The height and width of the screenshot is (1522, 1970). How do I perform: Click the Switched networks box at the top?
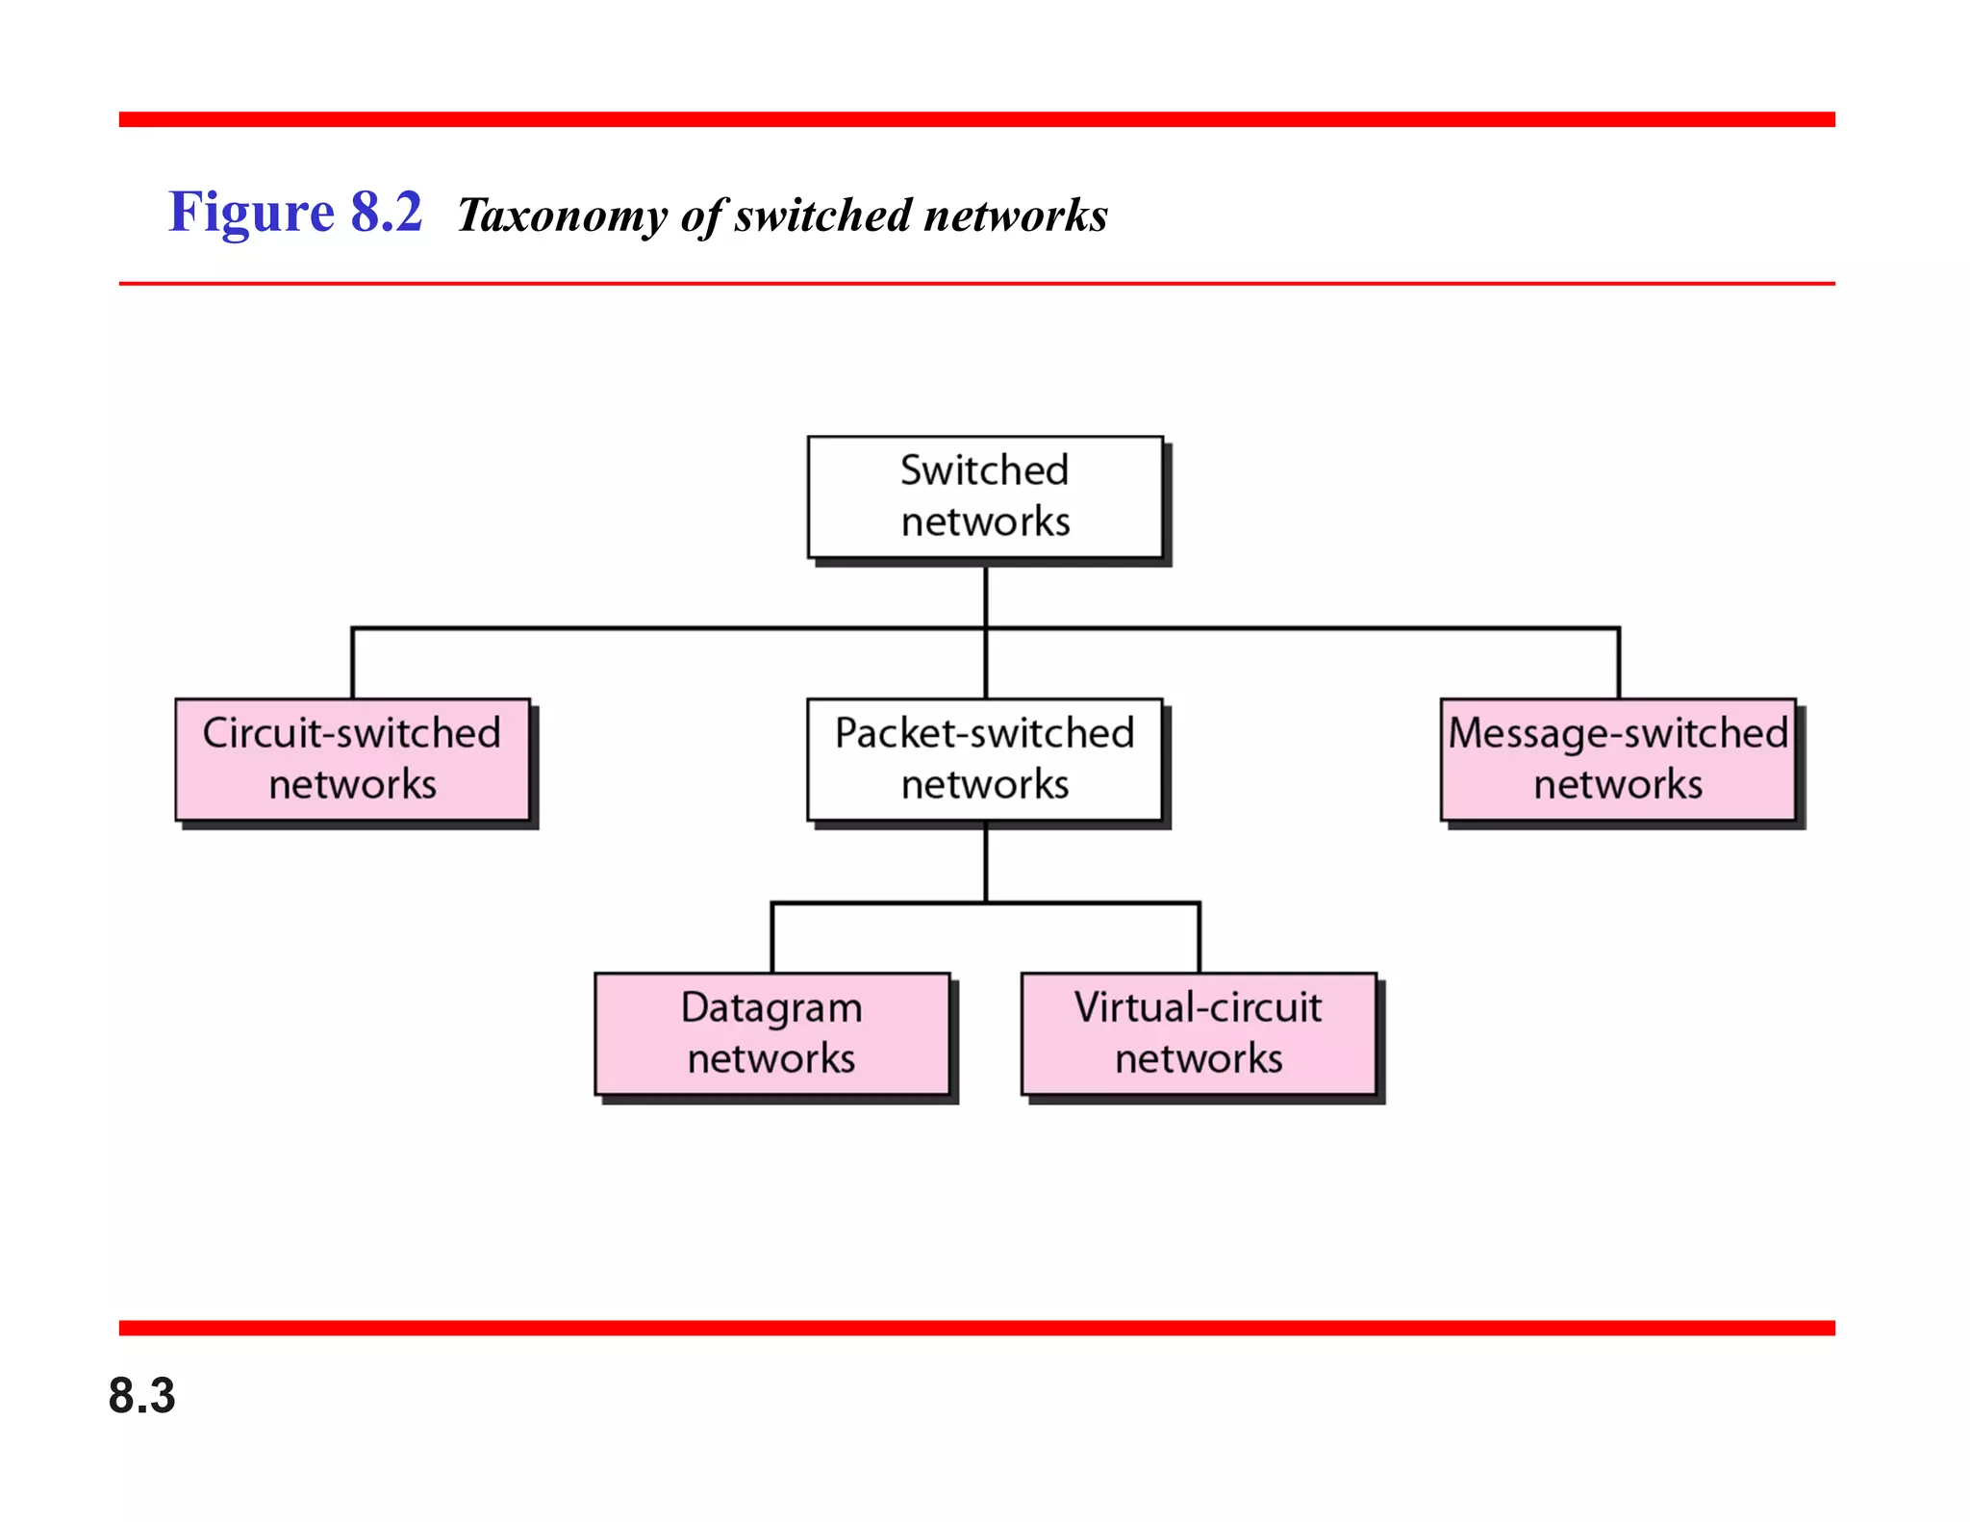pos(985,497)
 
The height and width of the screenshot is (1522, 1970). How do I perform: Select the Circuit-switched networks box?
pos(352,759)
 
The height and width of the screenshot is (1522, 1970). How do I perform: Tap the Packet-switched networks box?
pos(985,759)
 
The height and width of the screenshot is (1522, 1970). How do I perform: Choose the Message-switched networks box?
pos(1618,759)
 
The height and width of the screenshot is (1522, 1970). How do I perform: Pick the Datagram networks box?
pos(771,1033)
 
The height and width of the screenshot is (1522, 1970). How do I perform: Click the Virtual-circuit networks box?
pos(1199,1033)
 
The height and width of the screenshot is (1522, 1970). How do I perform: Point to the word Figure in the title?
pos(251,213)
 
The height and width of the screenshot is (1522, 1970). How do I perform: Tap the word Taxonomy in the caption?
pos(562,216)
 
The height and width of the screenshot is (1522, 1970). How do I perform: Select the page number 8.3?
pos(141,1395)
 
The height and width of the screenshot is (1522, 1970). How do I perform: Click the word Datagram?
pos(771,1007)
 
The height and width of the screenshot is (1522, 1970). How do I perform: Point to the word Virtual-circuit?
pos(1199,1007)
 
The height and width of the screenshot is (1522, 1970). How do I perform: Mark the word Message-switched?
pos(1618,733)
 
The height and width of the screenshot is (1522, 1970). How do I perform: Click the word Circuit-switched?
pos(352,733)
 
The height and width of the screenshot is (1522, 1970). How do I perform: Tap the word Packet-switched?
pos(985,733)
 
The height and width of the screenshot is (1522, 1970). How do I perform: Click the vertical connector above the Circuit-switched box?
pos(353,664)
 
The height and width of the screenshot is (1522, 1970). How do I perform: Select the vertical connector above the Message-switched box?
pos(1619,664)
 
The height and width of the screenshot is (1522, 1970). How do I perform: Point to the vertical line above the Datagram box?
pos(772,938)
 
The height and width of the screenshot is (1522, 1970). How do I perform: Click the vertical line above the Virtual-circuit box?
pos(1200,938)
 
